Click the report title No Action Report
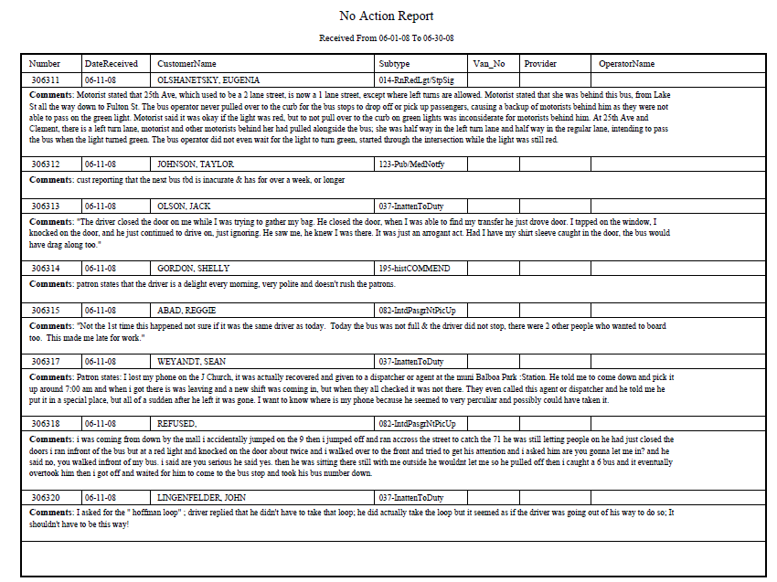coord(386,16)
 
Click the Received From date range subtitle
coord(386,38)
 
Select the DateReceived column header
coord(111,64)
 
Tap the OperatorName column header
coord(626,64)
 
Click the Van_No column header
coord(488,64)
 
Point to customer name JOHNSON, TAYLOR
coord(195,164)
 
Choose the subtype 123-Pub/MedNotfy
coord(413,164)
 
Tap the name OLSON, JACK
coord(184,206)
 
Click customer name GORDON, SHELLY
coord(193,269)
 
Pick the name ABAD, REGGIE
coord(187,311)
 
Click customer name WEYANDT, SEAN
coord(191,362)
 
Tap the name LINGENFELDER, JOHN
coord(203,498)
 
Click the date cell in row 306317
coord(100,362)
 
